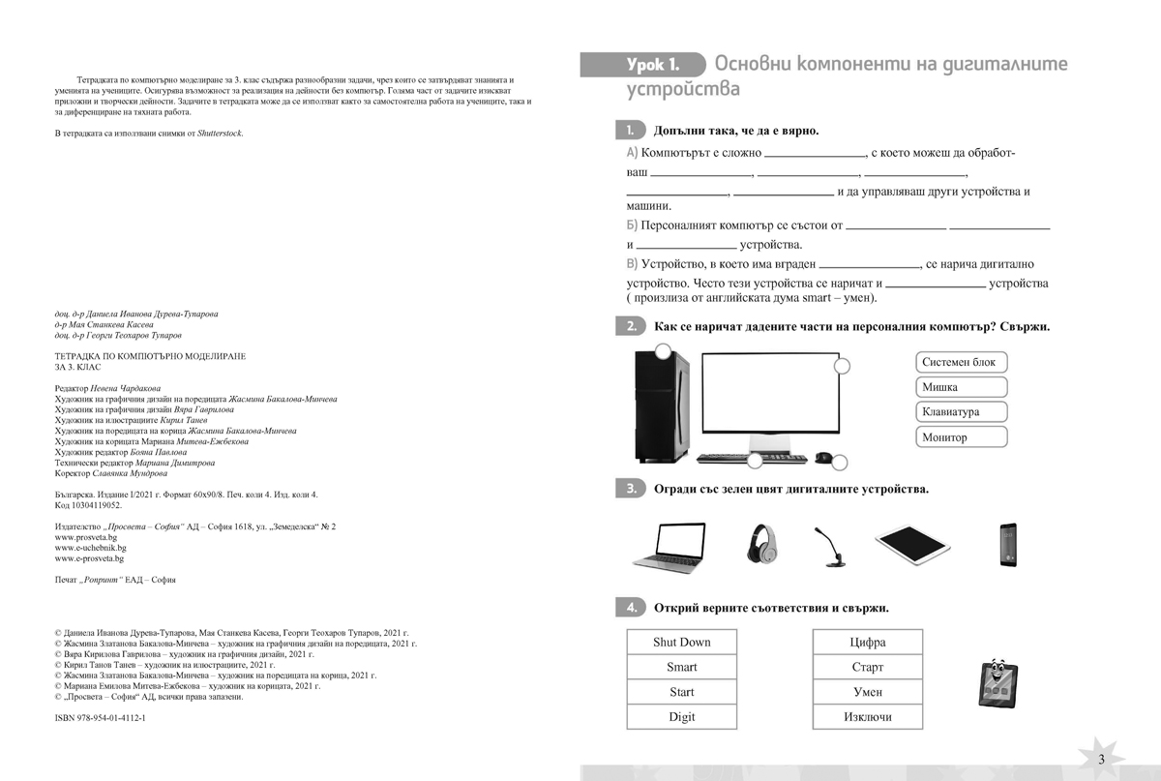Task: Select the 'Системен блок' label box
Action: [x=961, y=362]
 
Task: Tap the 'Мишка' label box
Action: [x=961, y=387]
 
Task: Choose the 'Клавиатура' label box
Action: [x=961, y=412]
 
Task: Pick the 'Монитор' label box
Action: [x=961, y=437]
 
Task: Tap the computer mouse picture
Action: [x=823, y=458]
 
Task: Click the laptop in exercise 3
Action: [x=670, y=547]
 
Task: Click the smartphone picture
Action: [x=1009, y=545]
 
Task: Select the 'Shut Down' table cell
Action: [x=681, y=642]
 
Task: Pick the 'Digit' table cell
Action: [x=681, y=717]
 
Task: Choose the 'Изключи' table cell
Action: [x=867, y=717]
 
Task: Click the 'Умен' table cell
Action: [x=867, y=692]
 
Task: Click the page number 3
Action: [x=1101, y=758]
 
